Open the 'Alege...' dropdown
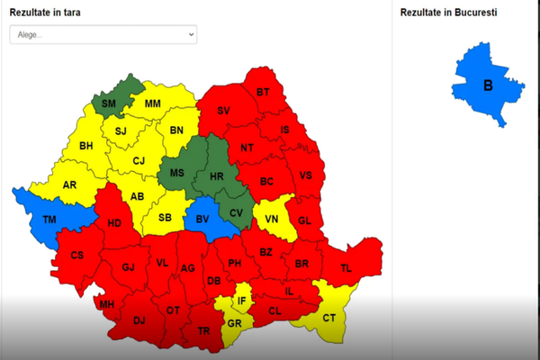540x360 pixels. [x=103, y=34]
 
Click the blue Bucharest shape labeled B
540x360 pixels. [x=488, y=85]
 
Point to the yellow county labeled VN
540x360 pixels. [x=272, y=217]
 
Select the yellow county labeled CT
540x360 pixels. [x=328, y=317]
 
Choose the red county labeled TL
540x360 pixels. [x=346, y=268]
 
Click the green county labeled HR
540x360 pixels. [x=215, y=177]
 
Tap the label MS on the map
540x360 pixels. [x=178, y=172]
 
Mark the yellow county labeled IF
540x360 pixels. [x=241, y=301]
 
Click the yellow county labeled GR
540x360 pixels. [x=234, y=324]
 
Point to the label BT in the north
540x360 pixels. [x=263, y=92]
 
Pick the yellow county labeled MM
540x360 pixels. [x=152, y=103]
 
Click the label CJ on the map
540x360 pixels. [x=138, y=161]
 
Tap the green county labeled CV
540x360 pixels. [x=236, y=212]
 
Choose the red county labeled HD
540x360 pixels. [x=114, y=223]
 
